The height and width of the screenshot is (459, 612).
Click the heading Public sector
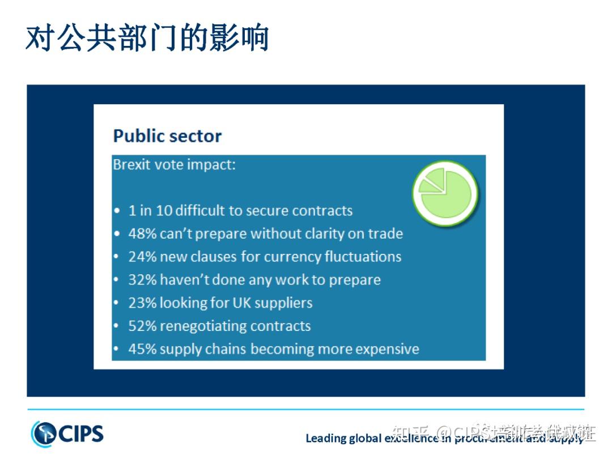coord(167,136)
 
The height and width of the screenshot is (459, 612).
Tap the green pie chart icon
coord(445,193)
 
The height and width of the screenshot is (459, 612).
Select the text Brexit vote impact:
coord(174,165)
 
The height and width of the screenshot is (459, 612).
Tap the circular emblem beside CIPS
coord(44,434)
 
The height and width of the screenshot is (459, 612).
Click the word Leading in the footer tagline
coord(325,438)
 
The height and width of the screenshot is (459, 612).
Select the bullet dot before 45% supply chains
coord(117,350)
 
